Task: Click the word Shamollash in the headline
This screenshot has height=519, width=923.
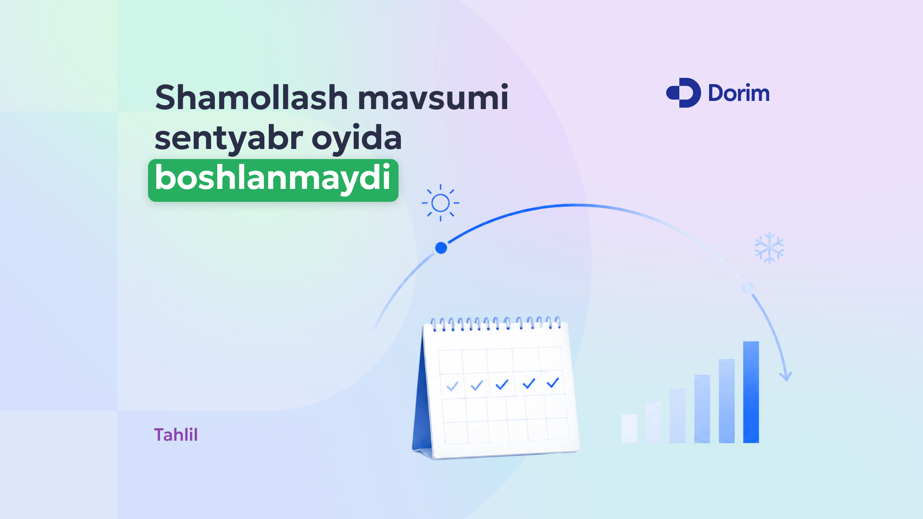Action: point(251,98)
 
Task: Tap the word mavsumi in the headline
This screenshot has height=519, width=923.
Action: point(433,98)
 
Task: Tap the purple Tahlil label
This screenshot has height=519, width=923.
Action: point(176,435)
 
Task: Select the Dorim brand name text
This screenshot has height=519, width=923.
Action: point(739,93)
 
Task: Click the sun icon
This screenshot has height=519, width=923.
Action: point(440,203)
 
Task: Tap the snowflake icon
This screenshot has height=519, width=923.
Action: point(769,247)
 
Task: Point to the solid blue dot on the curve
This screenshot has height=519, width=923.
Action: point(441,248)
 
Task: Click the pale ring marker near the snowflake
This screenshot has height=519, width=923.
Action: point(748,288)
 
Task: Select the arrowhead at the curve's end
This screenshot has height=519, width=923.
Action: point(786,375)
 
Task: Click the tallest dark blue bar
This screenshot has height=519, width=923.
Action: point(751,392)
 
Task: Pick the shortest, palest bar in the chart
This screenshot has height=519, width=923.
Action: point(629,428)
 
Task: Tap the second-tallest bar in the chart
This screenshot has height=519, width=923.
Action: point(727,401)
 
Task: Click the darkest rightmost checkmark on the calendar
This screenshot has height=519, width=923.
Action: point(553,383)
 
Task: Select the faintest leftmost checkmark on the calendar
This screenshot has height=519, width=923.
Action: point(452,386)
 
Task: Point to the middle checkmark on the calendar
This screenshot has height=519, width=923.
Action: point(502,384)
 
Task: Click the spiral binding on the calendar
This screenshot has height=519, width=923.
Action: point(496,323)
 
